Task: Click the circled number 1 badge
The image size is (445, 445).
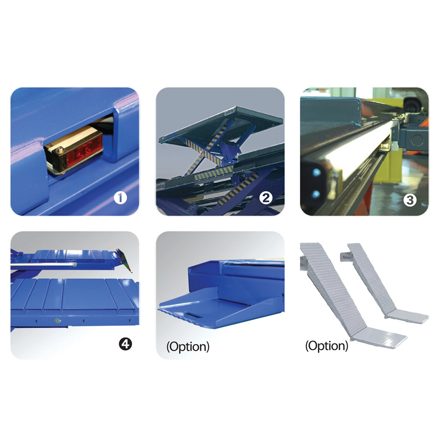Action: coord(120,198)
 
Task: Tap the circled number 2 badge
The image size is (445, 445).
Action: coord(266,198)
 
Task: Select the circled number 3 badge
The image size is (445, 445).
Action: coord(410,200)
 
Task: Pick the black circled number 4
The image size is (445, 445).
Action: coord(125,344)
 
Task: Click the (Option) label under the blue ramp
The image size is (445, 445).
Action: coord(188,347)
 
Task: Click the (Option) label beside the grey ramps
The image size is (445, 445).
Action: coord(327,346)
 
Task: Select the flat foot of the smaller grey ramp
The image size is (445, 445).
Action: coord(408,316)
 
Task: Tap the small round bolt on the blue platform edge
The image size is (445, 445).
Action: coord(57,321)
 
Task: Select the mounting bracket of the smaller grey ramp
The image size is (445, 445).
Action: coord(345,257)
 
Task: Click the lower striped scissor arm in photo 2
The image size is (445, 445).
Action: coord(239,190)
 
